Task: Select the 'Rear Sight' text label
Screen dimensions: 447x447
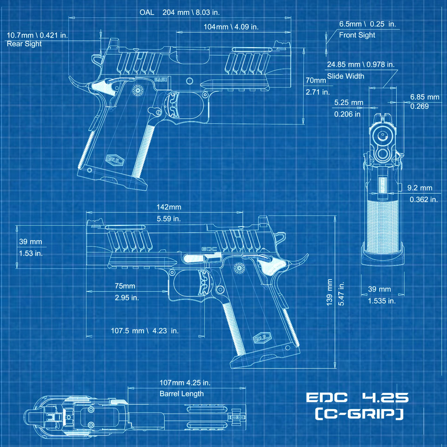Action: pos(24,44)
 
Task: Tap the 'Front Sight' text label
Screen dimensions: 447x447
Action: pos(357,35)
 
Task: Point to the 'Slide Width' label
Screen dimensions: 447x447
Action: pos(346,76)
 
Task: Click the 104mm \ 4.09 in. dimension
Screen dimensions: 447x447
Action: pos(231,27)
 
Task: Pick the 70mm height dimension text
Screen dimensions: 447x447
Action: pos(316,80)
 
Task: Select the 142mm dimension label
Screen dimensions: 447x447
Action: pos(168,207)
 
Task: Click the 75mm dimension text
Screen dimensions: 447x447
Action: pos(125,286)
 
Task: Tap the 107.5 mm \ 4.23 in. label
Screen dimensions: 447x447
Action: pos(144,330)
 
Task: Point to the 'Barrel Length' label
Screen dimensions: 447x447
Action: pos(182,394)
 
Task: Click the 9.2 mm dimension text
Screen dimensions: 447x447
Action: pos(419,188)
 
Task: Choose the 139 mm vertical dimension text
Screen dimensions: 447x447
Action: pos(330,292)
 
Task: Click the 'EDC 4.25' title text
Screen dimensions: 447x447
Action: pos(357,398)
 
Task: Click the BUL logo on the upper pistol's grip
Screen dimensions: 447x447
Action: pos(115,160)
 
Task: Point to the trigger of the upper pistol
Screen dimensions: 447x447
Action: pos(174,106)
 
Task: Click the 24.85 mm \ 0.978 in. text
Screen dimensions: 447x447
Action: pos(361,65)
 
